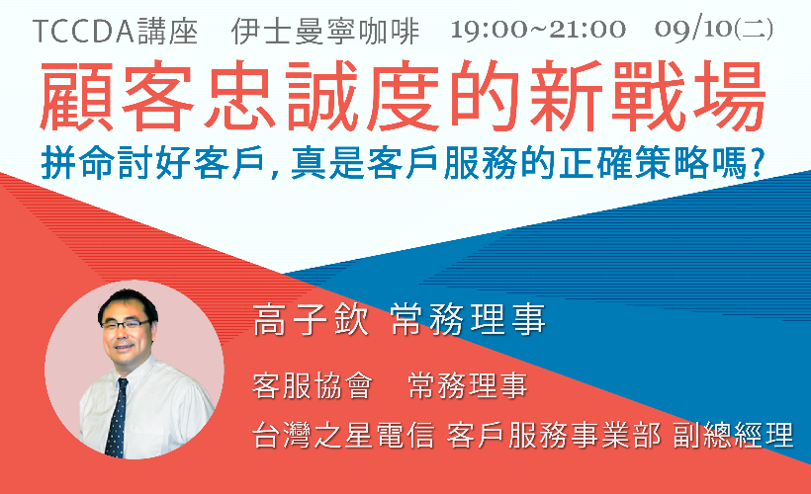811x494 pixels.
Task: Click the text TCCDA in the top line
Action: tap(83, 32)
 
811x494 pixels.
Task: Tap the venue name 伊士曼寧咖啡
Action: tap(324, 32)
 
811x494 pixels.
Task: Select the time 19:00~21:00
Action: tap(538, 30)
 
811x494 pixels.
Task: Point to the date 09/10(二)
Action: tap(714, 29)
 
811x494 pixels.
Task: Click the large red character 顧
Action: tap(76, 97)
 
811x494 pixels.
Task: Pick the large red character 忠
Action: tap(239, 96)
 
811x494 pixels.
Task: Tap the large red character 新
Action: tap(567, 96)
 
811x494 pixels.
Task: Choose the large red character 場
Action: tap(729, 96)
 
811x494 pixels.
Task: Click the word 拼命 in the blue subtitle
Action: tap(77, 162)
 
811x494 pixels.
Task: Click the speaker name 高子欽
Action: tap(311, 320)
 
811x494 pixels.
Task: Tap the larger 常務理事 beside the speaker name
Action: tap(469, 320)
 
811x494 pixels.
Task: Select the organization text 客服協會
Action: tap(313, 385)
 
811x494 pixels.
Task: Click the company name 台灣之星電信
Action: tap(343, 435)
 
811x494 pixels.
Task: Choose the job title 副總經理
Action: tap(733, 435)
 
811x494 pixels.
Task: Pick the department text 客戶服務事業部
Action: tap(554, 435)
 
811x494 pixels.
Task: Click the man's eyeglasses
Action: tap(126, 324)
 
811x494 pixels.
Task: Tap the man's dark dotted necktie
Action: tap(117, 418)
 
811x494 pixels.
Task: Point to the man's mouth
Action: tap(125, 347)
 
